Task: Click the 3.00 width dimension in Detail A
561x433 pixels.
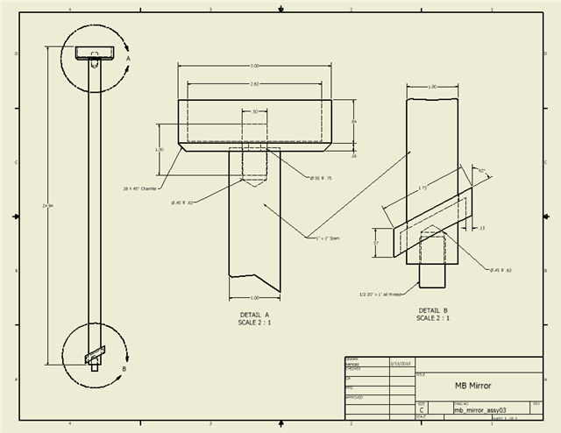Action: (x=255, y=67)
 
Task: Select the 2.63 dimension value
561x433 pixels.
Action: (x=254, y=84)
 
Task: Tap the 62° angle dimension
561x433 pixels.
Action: (x=481, y=169)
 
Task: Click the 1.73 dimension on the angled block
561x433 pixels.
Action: (x=423, y=188)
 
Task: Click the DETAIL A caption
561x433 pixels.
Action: (x=255, y=314)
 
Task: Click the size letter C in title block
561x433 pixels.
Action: (x=423, y=409)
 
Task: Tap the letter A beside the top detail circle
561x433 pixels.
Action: (x=128, y=58)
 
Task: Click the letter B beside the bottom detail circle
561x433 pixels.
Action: (x=124, y=369)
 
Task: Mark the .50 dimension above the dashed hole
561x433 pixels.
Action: (x=255, y=112)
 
